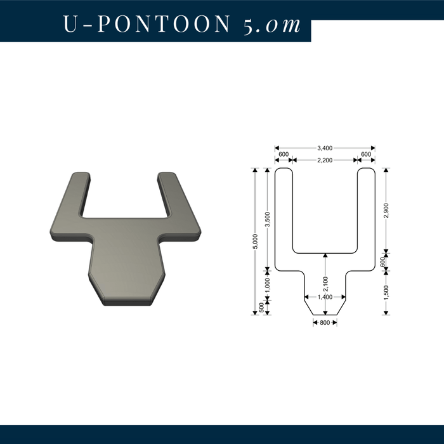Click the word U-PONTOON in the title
click(147, 23)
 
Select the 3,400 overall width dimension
click(325, 148)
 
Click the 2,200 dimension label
click(325, 160)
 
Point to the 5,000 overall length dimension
click(256, 242)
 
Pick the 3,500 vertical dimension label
click(268, 219)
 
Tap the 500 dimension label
click(261, 307)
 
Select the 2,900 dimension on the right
click(386, 210)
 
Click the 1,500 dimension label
click(386, 292)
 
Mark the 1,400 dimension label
click(325, 297)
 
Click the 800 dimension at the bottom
click(325, 323)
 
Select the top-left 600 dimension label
click(284, 154)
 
